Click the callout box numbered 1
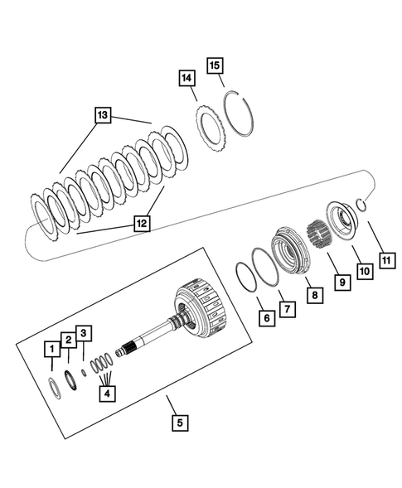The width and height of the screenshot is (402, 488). coord(51,351)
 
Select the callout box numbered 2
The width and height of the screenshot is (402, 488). coord(70,341)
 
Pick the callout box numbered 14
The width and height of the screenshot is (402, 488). coord(186,79)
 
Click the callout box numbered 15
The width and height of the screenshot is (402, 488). coord(216,65)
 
